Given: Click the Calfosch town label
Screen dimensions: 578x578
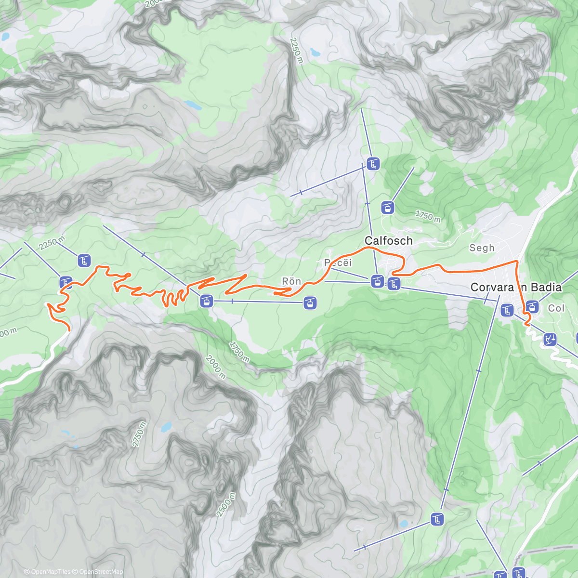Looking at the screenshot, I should tap(388, 240).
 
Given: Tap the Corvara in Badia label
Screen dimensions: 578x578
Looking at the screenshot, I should tap(516, 288).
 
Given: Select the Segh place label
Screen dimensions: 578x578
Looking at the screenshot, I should tap(482, 248).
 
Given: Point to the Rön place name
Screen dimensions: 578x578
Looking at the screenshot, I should tap(291, 281).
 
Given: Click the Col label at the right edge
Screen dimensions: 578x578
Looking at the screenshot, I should tap(556, 308).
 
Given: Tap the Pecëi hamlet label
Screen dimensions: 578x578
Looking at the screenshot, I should tap(338, 263).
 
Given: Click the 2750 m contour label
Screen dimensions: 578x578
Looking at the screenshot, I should tap(139, 434).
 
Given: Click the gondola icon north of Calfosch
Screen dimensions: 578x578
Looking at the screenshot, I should tap(387, 208).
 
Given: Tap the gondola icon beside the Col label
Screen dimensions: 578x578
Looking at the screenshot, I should tap(532, 306).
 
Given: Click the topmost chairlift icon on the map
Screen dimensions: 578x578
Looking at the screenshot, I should tap(373, 164).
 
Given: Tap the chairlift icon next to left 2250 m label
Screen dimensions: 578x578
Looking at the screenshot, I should tap(84, 261).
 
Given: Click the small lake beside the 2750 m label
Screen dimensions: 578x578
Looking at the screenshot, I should tap(166, 427).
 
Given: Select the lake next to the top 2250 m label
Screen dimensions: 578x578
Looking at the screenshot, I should tap(315, 52).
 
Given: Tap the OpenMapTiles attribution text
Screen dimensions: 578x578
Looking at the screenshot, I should tap(47, 572).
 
